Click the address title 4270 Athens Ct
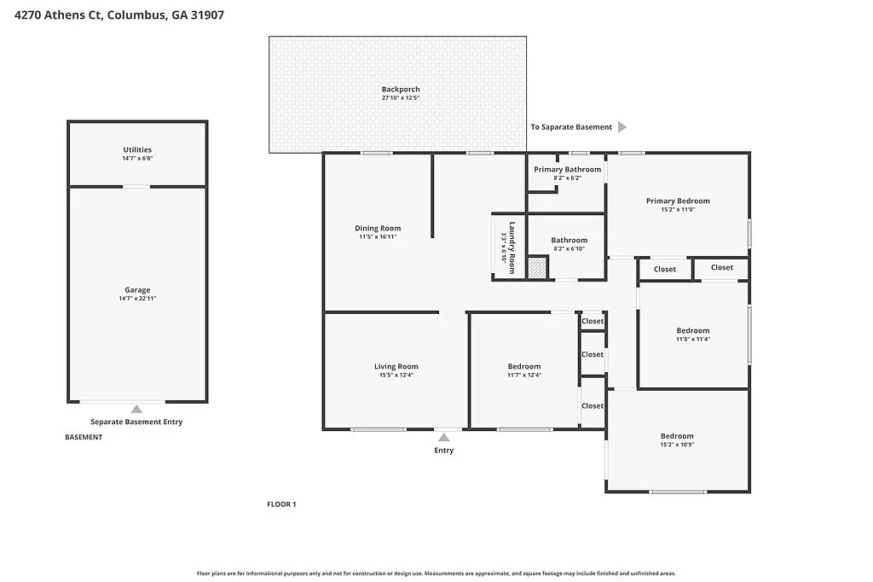pos(119,15)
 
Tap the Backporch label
pos(400,90)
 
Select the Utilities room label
pos(137,150)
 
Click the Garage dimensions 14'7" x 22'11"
pos(137,299)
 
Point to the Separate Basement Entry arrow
pos(136,410)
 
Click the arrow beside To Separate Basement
pos(622,127)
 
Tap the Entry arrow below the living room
pos(443,437)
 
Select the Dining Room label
pos(378,228)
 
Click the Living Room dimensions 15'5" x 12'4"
pos(396,375)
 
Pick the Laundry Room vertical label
pos(509,247)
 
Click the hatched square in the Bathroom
pos(536,267)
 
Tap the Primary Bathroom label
pos(567,169)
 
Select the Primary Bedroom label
pos(678,201)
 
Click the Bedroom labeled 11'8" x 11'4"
pos(693,331)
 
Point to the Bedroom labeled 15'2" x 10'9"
pos(677,436)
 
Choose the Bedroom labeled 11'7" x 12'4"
pos(523,367)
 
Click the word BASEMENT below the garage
pos(84,437)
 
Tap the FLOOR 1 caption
pos(281,504)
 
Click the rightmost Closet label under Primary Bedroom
pos(721,267)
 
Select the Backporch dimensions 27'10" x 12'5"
pos(400,98)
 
